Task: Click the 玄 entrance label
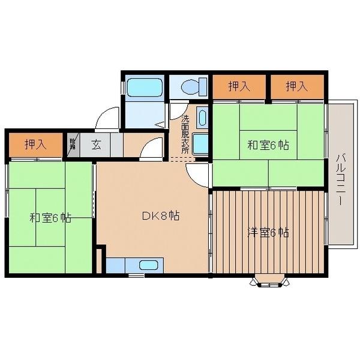pyautogui.click(x=96, y=143)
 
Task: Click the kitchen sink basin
pyautogui.click(x=149, y=265)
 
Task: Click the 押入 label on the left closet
pyautogui.click(x=35, y=144)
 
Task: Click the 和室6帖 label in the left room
pyautogui.click(x=50, y=218)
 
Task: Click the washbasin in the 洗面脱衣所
pyautogui.click(x=202, y=117)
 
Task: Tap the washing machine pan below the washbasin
pyautogui.click(x=202, y=144)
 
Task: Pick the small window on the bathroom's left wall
pyautogui.click(x=123, y=88)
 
